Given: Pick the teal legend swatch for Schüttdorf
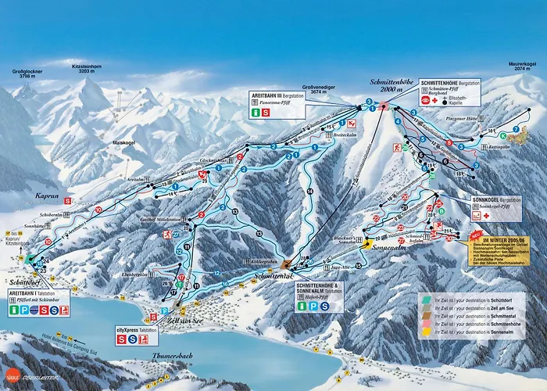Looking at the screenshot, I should [423, 299].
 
